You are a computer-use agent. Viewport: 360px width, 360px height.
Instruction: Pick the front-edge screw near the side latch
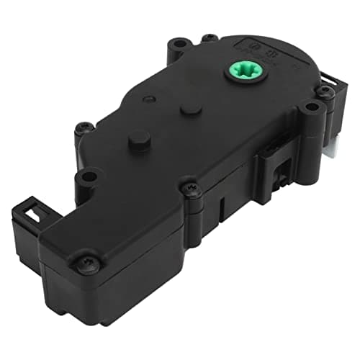tap(191, 189)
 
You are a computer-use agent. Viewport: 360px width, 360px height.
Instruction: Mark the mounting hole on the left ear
tap(89, 175)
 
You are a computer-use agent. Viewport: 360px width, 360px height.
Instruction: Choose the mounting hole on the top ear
tap(210, 37)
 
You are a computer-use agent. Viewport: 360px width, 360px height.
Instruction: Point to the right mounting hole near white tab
tap(311, 108)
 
